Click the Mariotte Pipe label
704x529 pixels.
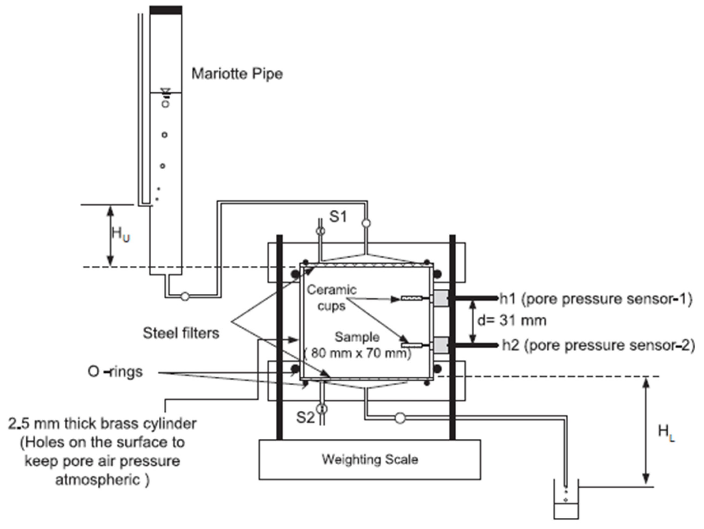(237, 74)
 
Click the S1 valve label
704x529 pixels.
(338, 217)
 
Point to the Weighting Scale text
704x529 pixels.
(370, 459)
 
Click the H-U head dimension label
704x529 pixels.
(121, 234)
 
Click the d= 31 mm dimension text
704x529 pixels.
(512, 320)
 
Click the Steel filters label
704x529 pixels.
(181, 333)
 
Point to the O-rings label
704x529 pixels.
(115, 372)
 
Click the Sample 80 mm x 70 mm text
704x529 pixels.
(357, 345)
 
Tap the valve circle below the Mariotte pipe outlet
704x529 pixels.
(185, 296)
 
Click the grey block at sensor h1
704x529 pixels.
(441, 298)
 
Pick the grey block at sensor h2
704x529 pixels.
(441, 345)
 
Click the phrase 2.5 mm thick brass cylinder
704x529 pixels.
(102, 424)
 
